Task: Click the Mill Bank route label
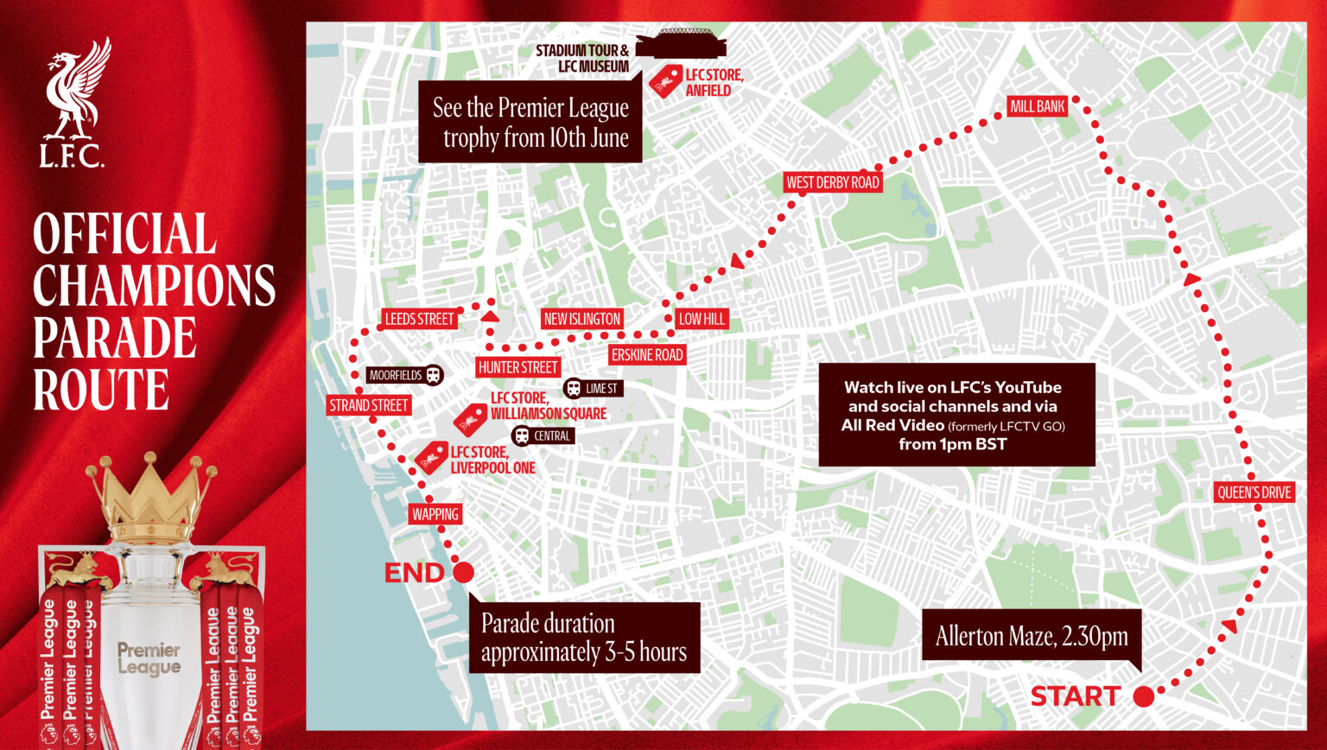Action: point(1038,106)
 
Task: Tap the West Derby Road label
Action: point(832,182)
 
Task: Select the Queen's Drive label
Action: point(1254,493)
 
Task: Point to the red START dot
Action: point(1144,696)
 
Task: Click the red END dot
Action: point(463,572)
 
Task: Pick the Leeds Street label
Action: point(419,319)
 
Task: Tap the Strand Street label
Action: point(368,405)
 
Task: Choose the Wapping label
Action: point(435,514)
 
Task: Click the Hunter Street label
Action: point(517,367)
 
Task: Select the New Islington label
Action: point(581,319)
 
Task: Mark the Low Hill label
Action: point(702,319)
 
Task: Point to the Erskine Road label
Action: point(647,354)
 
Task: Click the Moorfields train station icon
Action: point(434,375)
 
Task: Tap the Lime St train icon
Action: point(574,388)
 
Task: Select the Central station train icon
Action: point(521,435)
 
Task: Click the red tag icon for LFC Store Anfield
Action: point(665,82)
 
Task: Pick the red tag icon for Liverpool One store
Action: point(431,457)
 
